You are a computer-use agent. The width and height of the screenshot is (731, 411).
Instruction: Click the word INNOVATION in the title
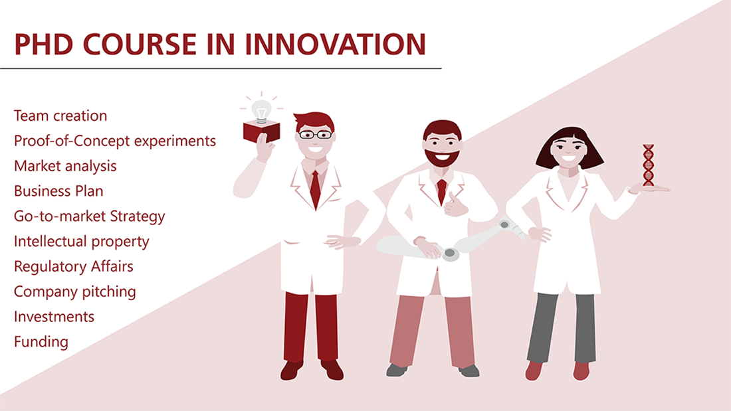335,44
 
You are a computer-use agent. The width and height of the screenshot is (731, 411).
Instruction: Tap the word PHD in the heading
44,44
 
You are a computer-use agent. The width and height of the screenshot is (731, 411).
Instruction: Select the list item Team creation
60,116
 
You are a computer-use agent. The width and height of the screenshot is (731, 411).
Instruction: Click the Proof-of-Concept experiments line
115,141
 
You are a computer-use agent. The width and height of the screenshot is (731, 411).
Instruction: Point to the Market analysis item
65,166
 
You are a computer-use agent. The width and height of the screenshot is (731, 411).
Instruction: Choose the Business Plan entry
58,191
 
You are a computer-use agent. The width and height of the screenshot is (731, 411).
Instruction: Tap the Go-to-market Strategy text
90,216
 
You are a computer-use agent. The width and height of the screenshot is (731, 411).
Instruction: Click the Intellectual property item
82,242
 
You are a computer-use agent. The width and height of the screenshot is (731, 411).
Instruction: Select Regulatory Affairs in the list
74,266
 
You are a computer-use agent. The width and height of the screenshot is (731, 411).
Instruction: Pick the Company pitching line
75,291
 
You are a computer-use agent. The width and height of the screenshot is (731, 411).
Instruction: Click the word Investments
54,317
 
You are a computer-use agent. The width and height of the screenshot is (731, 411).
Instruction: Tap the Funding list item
41,342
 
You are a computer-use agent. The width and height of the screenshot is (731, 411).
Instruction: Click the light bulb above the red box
261,111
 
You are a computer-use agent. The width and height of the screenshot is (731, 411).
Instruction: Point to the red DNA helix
649,165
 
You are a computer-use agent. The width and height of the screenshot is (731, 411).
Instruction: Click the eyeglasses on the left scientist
315,135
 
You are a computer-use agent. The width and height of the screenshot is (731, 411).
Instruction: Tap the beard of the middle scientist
442,157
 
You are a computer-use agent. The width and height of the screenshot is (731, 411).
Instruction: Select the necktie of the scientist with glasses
316,189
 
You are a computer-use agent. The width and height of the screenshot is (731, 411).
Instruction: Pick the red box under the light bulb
262,131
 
